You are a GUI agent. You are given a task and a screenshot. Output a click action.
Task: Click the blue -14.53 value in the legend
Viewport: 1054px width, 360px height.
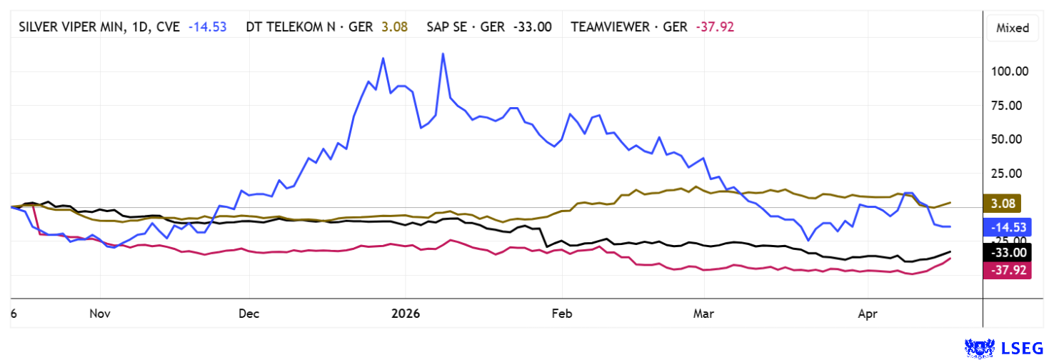208,27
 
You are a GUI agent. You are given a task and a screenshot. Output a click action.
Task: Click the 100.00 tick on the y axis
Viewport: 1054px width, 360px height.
1007,71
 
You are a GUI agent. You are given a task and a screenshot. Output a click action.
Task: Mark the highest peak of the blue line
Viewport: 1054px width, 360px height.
443,54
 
